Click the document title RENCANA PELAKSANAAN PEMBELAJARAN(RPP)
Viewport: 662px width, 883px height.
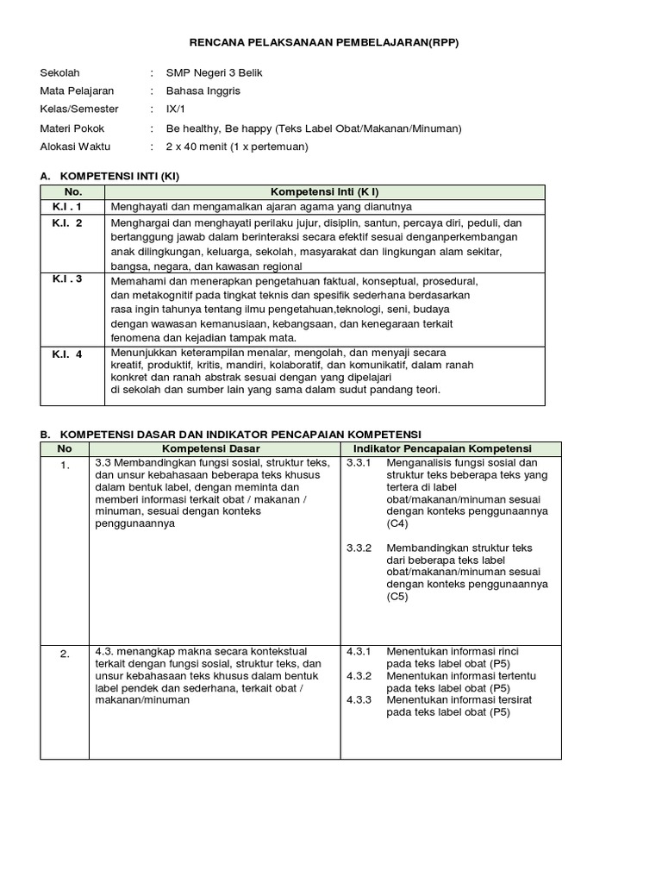[x=331, y=42]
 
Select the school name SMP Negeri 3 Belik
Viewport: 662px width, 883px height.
[x=214, y=72]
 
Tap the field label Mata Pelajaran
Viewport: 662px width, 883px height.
[x=77, y=91]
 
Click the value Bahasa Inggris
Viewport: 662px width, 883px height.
[x=203, y=91]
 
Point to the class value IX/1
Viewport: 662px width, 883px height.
[x=175, y=110]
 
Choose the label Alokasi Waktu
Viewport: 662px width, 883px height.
[x=75, y=147]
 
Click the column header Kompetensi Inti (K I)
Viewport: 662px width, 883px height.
[x=325, y=191]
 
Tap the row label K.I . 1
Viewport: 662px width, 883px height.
[x=67, y=207]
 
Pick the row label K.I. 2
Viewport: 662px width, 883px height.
[x=67, y=223]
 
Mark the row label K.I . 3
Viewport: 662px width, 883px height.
[x=67, y=279]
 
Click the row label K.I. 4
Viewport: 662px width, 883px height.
[x=67, y=354]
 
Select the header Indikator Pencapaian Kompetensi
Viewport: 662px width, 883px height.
[x=449, y=449]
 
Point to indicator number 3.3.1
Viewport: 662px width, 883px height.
[x=359, y=464]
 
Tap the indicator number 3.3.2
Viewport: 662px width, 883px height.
[x=359, y=548]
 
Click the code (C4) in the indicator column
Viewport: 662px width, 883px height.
[x=397, y=523]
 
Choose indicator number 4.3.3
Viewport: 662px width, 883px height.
[x=359, y=700]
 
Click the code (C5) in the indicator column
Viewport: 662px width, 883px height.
[x=397, y=597]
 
